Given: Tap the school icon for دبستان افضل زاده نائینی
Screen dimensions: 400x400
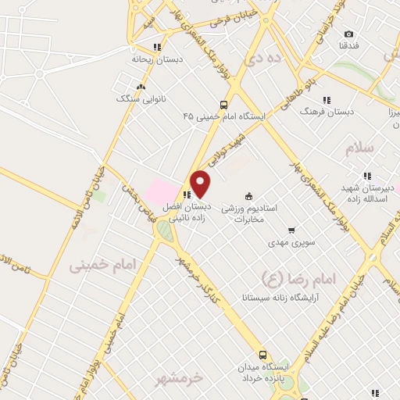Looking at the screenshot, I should tap(186, 195).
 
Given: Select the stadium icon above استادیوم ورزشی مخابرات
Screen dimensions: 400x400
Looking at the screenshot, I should tap(249, 195).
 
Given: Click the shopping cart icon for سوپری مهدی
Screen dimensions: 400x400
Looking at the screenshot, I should tap(291, 230).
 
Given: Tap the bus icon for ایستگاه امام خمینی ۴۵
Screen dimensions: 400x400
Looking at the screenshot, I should tap(224, 105).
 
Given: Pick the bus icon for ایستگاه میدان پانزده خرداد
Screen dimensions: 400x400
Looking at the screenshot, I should tap(263, 353).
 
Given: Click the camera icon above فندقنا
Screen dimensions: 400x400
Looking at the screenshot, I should tap(348, 34).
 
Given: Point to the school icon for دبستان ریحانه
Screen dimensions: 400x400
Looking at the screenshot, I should tap(157, 45).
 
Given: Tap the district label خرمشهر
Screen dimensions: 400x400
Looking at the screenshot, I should tap(177, 378).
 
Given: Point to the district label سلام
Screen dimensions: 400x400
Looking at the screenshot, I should tap(365, 148).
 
